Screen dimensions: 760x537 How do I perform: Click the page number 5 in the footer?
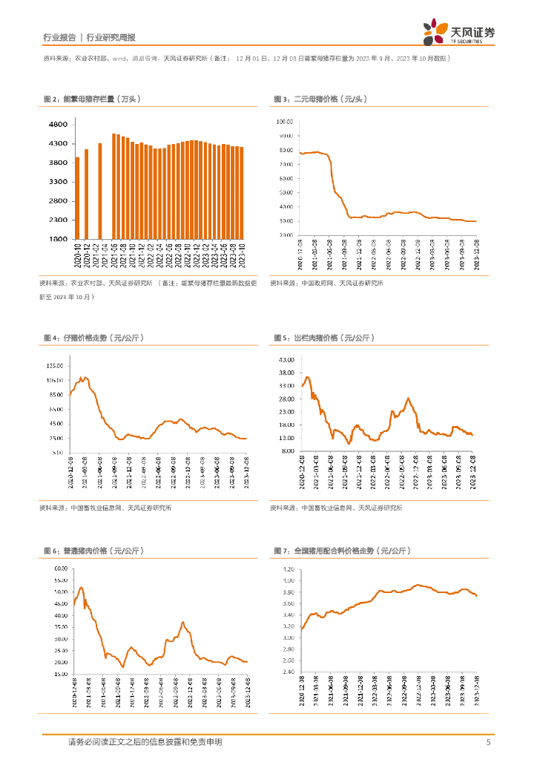click(488, 742)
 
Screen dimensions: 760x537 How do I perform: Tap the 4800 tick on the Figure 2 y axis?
click(59, 124)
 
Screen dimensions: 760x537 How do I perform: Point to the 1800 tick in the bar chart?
click(59, 239)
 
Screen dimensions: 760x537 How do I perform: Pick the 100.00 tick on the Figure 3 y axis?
click(286, 121)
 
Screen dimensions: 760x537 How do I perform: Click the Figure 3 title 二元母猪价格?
click(320, 99)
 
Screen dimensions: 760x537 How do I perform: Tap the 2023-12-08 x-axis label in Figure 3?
click(475, 254)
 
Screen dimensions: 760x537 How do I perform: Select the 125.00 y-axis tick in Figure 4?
click(55, 366)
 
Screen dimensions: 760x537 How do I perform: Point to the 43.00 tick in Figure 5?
click(286, 360)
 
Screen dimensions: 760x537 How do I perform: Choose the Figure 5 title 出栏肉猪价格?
click(323, 338)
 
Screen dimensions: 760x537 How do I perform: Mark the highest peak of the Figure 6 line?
click(80, 588)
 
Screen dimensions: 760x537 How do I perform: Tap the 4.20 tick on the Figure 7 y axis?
click(287, 569)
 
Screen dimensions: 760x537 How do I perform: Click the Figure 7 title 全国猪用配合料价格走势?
click(341, 551)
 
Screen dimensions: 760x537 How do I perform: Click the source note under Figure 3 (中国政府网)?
click(326, 283)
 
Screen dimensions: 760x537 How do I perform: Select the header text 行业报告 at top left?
click(59, 37)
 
